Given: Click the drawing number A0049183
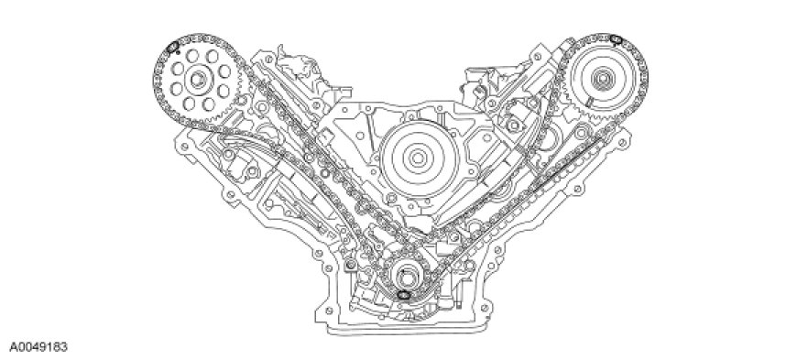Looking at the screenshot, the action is [x=38, y=347].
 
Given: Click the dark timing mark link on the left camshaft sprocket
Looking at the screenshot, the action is [x=172, y=47].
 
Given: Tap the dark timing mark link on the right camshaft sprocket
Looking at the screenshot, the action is [x=616, y=38].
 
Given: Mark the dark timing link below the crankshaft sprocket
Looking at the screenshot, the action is [x=403, y=294].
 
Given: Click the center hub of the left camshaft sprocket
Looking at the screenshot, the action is [x=199, y=79].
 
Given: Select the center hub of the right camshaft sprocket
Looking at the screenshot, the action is [x=604, y=79].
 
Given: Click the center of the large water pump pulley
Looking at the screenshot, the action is [x=418, y=158].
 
